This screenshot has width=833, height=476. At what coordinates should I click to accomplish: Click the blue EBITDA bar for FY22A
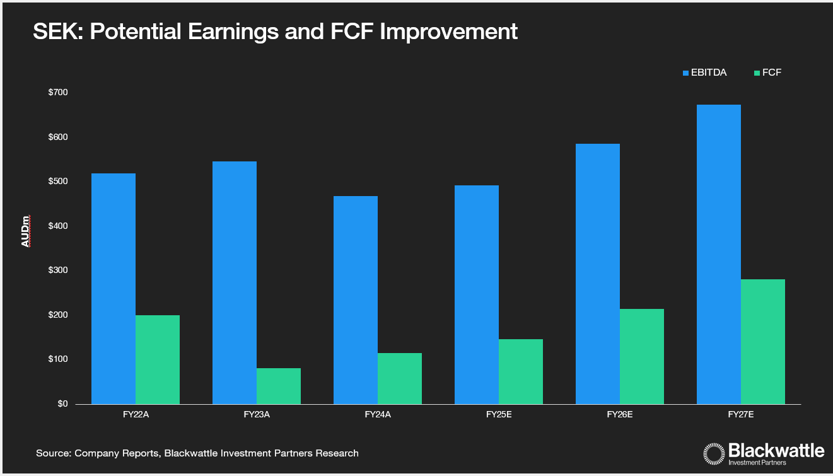(x=114, y=288)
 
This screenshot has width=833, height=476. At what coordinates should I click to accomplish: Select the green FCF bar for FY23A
(x=279, y=386)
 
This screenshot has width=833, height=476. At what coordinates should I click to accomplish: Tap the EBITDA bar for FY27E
(x=719, y=254)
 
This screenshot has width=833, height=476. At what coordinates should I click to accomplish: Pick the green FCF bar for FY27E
(x=763, y=341)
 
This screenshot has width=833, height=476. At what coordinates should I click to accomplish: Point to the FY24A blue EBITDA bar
(x=356, y=299)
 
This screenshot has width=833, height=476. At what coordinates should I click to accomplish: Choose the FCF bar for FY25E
(x=521, y=371)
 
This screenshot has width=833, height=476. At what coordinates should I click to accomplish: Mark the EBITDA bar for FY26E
(x=598, y=274)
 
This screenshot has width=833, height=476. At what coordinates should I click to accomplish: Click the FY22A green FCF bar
(x=158, y=359)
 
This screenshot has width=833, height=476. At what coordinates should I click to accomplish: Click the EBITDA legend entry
(x=704, y=73)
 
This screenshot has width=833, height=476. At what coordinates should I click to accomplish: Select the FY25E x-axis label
(x=499, y=415)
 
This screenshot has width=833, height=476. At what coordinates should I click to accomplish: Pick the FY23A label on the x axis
(x=257, y=415)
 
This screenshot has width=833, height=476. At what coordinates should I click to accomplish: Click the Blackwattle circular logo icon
(x=714, y=454)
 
